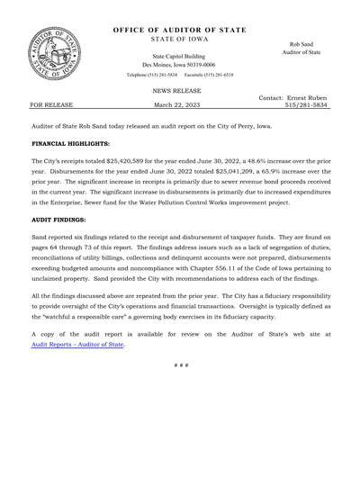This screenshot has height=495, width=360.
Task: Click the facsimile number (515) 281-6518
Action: tap(215, 75)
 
